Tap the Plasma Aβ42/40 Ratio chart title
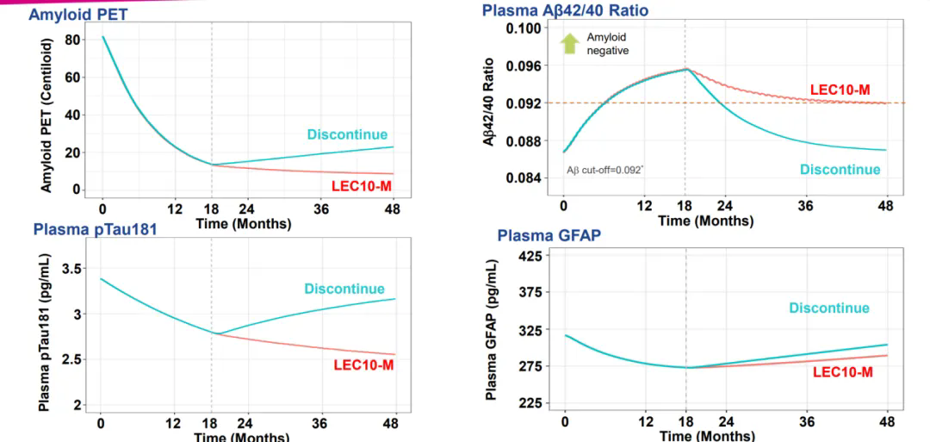(x=565, y=10)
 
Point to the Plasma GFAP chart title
(x=549, y=236)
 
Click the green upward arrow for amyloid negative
(x=568, y=44)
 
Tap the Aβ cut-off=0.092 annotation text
(x=604, y=170)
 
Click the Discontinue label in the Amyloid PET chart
(x=347, y=134)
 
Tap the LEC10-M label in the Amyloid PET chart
(x=363, y=185)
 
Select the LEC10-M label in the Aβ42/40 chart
(x=840, y=90)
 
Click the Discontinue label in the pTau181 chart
(x=344, y=289)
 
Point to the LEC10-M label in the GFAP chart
(x=843, y=371)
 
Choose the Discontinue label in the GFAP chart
(x=829, y=308)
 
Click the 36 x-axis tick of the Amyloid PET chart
(x=322, y=209)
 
